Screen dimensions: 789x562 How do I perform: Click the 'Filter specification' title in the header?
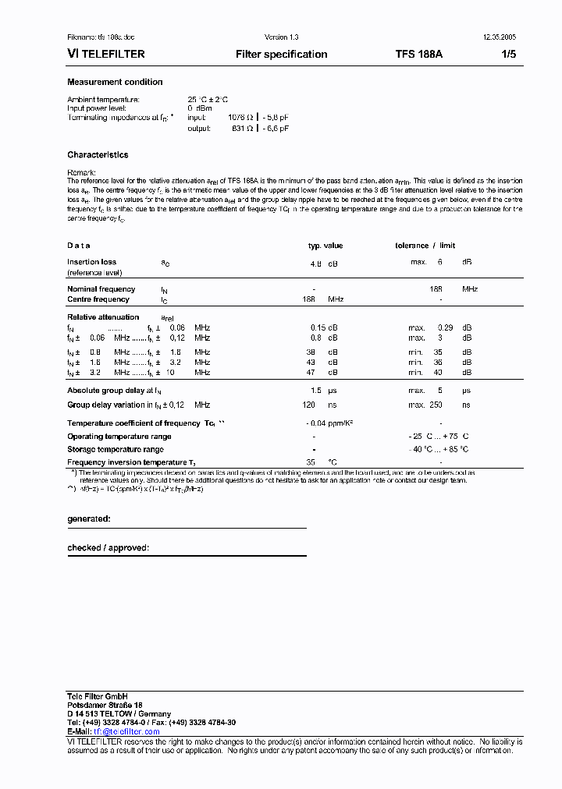click(281, 55)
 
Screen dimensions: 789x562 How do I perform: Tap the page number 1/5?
click(507, 55)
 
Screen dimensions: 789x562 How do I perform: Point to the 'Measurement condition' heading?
click(115, 82)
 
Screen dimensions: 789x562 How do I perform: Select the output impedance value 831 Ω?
click(243, 128)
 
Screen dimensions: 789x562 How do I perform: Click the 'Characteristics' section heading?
click(98, 155)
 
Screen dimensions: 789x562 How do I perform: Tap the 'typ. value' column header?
click(325, 246)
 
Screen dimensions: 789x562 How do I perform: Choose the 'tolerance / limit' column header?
click(436, 246)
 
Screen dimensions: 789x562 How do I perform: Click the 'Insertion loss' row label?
click(92, 263)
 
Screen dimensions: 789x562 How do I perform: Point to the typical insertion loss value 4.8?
click(315, 264)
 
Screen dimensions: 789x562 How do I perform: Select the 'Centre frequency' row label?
click(98, 299)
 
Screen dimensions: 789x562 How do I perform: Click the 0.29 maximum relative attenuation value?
click(445, 328)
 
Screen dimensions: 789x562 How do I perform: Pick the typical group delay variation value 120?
click(308, 405)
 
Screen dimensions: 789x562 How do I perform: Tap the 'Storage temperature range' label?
click(116, 450)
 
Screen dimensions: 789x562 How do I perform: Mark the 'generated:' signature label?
click(89, 518)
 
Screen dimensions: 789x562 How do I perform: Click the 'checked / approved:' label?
click(108, 548)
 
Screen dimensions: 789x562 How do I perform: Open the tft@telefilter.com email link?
click(126, 731)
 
